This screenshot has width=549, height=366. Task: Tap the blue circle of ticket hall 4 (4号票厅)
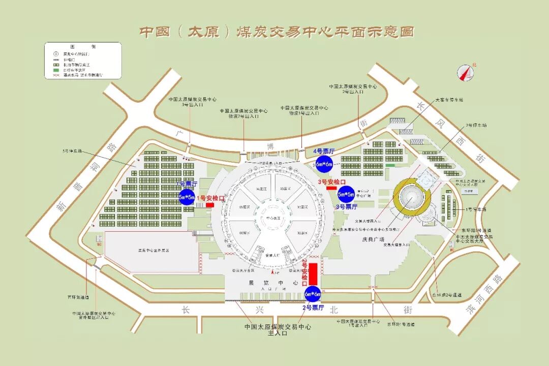tap(324, 164)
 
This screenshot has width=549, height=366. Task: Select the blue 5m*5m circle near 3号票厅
tap(346, 194)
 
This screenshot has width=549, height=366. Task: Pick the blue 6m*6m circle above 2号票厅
tap(313, 294)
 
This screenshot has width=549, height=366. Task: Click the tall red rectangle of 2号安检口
tap(313, 273)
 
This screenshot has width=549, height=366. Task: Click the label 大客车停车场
tap(449, 100)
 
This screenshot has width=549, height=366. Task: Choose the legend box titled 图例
tap(82, 60)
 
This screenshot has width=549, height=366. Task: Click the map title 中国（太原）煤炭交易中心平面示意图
tap(277, 32)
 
